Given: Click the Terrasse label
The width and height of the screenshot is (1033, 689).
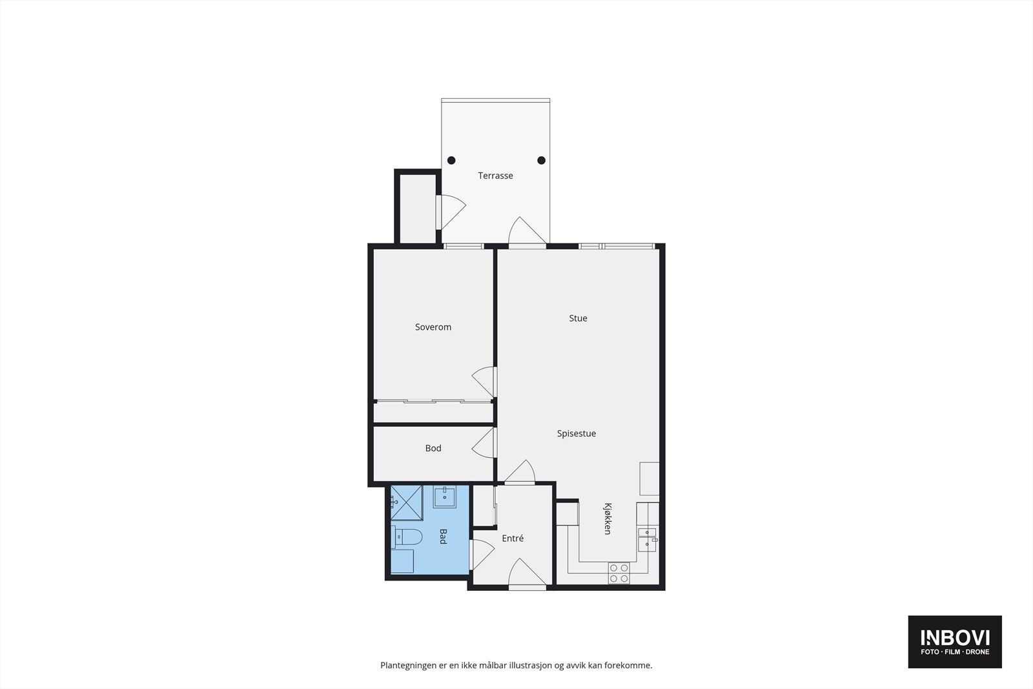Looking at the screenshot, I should click(495, 176).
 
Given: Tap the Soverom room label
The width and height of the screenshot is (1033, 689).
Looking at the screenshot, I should click(433, 327).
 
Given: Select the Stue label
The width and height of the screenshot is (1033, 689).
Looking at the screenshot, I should click(578, 318).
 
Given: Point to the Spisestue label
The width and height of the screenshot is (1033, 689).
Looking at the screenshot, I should click(577, 434).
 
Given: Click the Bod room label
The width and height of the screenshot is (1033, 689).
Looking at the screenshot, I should click(433, 448).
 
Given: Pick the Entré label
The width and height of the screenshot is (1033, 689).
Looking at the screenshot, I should click(513, 539).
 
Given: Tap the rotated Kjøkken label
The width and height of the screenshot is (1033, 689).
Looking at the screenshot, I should click(608, 519).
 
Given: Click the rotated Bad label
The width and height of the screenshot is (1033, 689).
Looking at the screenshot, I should click(443, 537).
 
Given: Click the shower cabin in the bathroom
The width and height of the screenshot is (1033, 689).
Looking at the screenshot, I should click(407, 501).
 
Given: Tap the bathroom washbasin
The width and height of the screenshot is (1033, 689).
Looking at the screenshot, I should click(445, 497).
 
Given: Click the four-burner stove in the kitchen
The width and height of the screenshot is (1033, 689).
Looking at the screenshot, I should click(619, 573).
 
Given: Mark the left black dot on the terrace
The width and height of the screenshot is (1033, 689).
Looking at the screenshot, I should click(451, 161).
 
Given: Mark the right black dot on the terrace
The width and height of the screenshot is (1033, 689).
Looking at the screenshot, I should click(542, 161).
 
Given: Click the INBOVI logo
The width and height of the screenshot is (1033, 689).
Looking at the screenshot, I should click(955, 641).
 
